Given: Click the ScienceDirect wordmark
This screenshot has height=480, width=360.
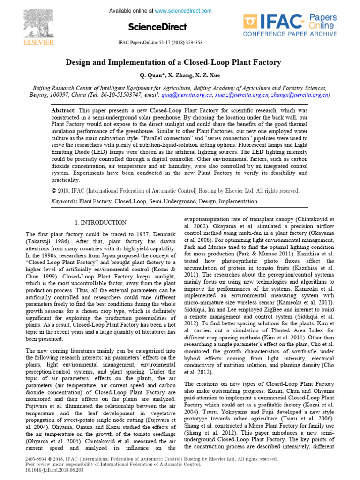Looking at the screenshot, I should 157,27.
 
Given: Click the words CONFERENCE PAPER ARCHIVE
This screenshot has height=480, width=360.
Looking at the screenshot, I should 289,34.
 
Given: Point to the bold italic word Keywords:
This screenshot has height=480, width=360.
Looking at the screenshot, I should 64,201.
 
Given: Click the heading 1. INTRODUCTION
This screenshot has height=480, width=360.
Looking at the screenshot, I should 100,222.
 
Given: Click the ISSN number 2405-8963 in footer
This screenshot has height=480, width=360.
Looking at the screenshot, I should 36,459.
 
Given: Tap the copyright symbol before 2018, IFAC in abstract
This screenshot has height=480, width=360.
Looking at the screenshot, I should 53,191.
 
